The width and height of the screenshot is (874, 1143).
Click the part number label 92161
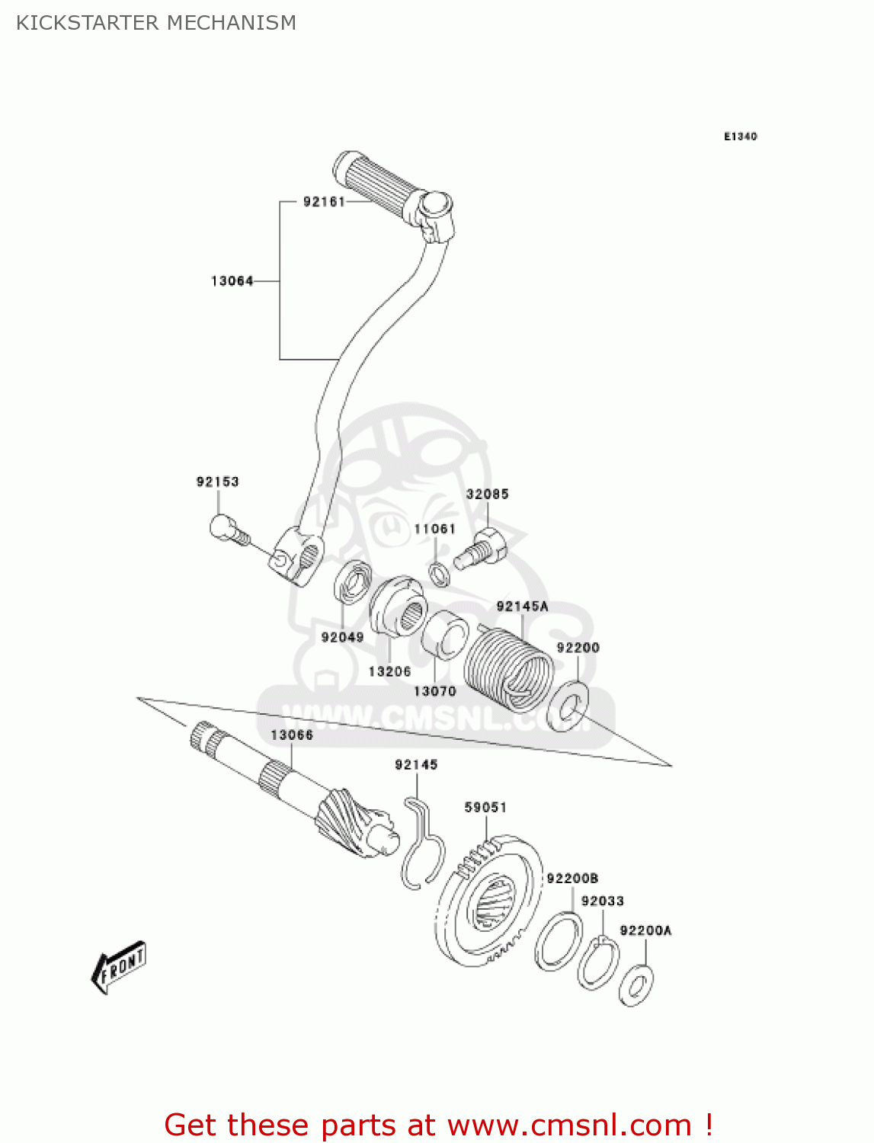point(324,202)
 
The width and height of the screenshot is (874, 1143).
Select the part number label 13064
point(232,281)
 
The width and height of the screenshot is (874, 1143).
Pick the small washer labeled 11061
point(439,573)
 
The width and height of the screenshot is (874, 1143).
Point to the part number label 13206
point(389,671)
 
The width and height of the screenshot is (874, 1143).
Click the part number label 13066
point(292,735)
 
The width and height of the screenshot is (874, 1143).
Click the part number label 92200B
point(572,879)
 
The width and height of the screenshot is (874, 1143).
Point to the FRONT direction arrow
point(119,968)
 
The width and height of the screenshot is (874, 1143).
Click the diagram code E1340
point(740,136)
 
